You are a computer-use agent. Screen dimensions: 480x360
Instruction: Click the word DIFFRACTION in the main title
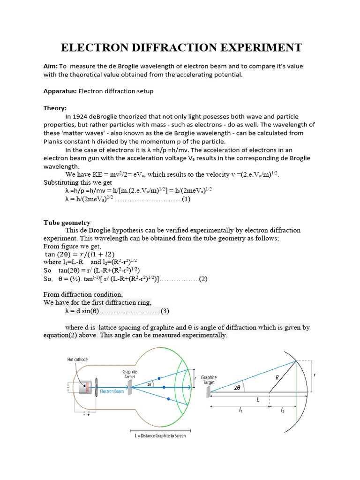[x=181, y=47]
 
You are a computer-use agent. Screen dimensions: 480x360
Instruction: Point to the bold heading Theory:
[x=55, y=108]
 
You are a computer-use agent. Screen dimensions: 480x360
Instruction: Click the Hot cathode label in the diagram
[x=77, y=360]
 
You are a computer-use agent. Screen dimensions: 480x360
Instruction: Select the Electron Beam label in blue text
[x=112, y=391]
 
